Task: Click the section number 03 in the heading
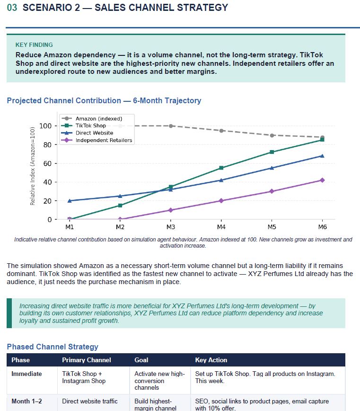click(x=12, y=8)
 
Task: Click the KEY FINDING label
click(x=34, y=45)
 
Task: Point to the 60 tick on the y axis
click(x=47, y=163)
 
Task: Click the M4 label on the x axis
click(x=221, y=227)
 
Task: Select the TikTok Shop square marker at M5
click(x=272, y=152)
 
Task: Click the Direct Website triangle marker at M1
click(x=70, y=201)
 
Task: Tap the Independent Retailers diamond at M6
click(x=322, y=180)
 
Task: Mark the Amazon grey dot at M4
click(x=221, y=131)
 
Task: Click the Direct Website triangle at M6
click(x=322, y=156)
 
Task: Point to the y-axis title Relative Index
click(x=33, y=166)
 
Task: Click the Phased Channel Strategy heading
click(x=53, y=347)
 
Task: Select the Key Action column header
click(x=211, y=360)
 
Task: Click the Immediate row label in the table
click(x=26, y=374)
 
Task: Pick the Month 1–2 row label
click(x=26, y=402)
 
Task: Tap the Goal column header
click(x=141, y=360)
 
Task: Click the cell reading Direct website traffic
click(x=90, y=402)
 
